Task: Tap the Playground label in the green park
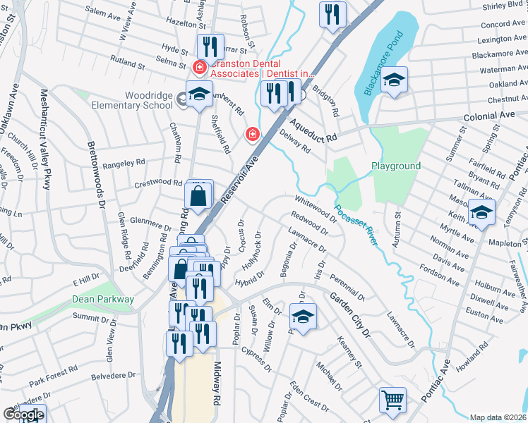(396, 166)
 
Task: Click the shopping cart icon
(392, 400)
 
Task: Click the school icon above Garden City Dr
(303, 318)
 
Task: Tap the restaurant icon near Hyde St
(210, 47)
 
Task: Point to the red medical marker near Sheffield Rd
(251, 133)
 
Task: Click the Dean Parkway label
(103, 299)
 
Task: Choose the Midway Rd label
(216, 387)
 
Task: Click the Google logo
(23, 415)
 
